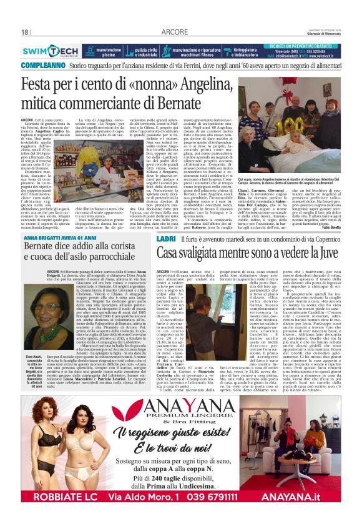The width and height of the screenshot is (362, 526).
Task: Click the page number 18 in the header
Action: [26, 32]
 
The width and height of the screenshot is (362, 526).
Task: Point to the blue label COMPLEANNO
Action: [42, 66]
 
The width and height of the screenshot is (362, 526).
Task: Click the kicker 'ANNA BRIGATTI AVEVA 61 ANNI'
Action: [62, 238]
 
